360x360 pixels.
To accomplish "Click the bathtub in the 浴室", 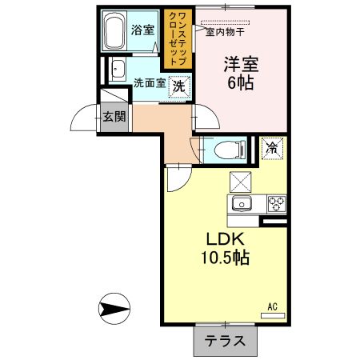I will (118, 33).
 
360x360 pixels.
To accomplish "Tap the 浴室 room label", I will (143, 30).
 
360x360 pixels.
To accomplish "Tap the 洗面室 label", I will (149, 82).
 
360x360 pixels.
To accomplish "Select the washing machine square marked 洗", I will (179, 86).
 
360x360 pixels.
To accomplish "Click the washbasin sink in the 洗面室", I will (117, 69).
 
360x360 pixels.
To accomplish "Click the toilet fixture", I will (226, 148).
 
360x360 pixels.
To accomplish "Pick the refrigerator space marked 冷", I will (272, 148).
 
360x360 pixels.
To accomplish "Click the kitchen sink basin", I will (241, 203).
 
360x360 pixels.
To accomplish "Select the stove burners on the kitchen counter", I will (277, 202).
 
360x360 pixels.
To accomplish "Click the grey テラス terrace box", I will (226, 341).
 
